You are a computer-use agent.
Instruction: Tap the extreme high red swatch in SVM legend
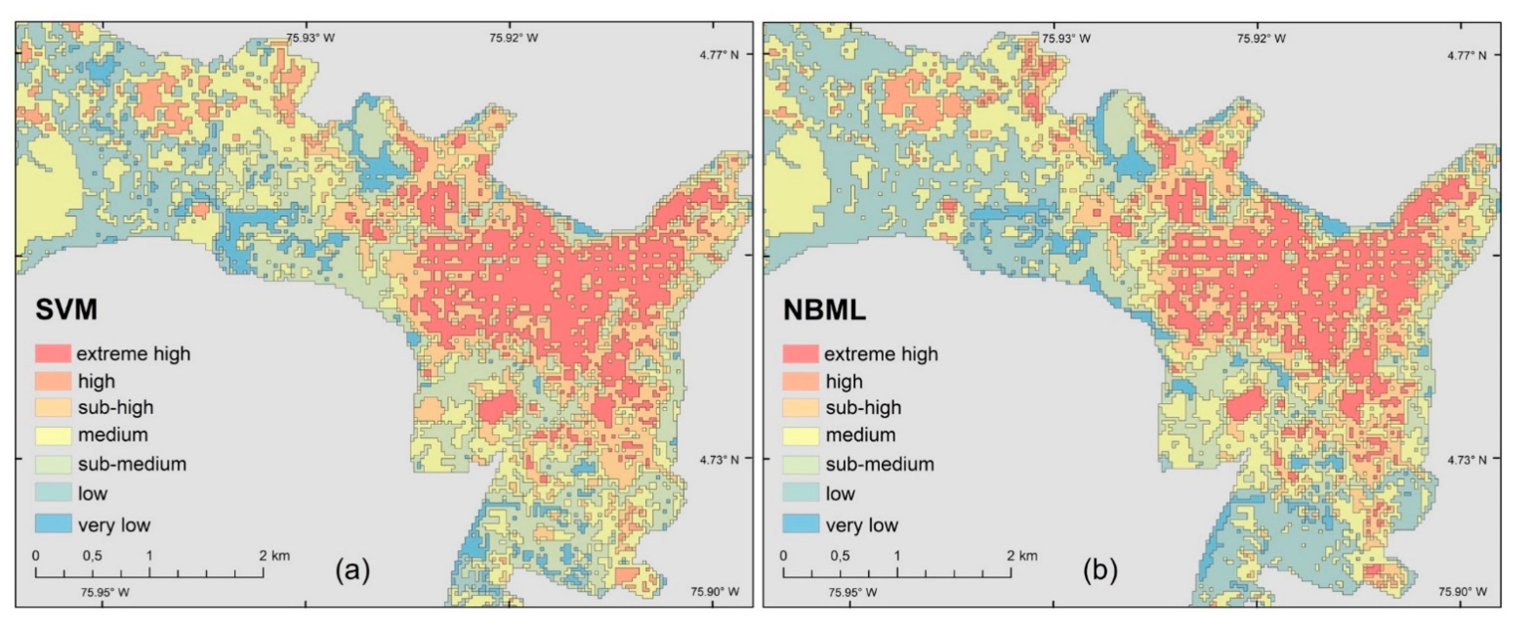coord(53,353)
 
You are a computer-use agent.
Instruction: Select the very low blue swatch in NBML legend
coord(801,524)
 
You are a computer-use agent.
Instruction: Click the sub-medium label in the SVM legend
coord(132,464)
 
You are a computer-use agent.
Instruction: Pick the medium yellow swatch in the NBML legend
coord(801,435)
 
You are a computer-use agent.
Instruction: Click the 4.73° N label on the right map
coord(1466,460)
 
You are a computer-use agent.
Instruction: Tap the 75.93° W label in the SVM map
coord(310,39)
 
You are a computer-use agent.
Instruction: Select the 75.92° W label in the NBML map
coord(1262,39)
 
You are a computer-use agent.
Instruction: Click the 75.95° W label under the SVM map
coord(105,592)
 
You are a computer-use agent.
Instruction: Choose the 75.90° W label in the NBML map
coord(1462,592)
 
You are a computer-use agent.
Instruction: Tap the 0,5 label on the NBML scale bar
coord(840,555)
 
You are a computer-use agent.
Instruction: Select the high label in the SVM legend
coord(97,381)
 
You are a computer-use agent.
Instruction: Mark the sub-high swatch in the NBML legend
coord(801,408)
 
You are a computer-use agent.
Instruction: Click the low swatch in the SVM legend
coord(53,493)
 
